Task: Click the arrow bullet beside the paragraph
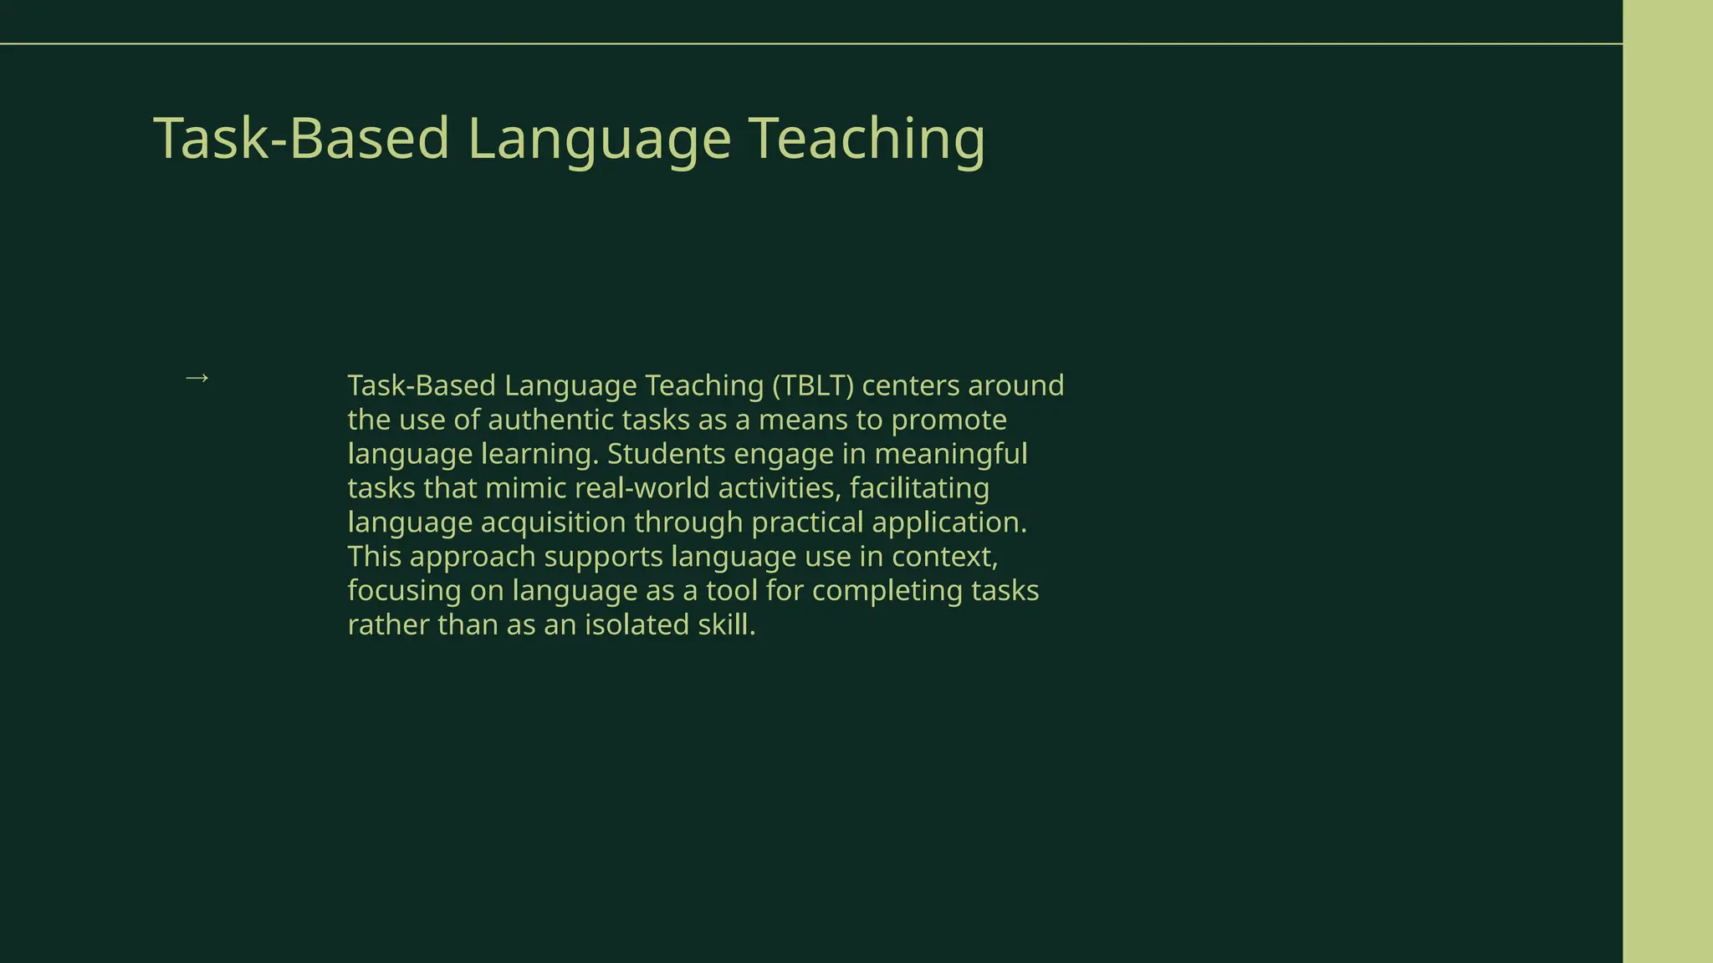pyautogui.click(x=197, y=379)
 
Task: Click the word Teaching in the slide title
pyautogui.click(x=866, y=138)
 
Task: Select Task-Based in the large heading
pyautogui.click(x=301, y=138)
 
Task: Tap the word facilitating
pyautogui.click(x=919, y=488)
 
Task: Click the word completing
pyautogui.click(x=887, y=591)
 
